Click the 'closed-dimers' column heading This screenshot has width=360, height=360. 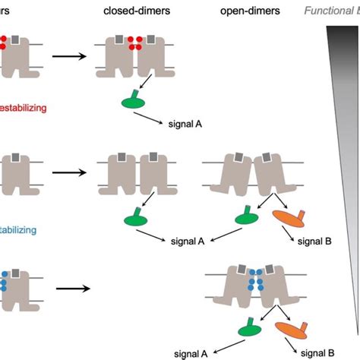(x=136, y=11)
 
